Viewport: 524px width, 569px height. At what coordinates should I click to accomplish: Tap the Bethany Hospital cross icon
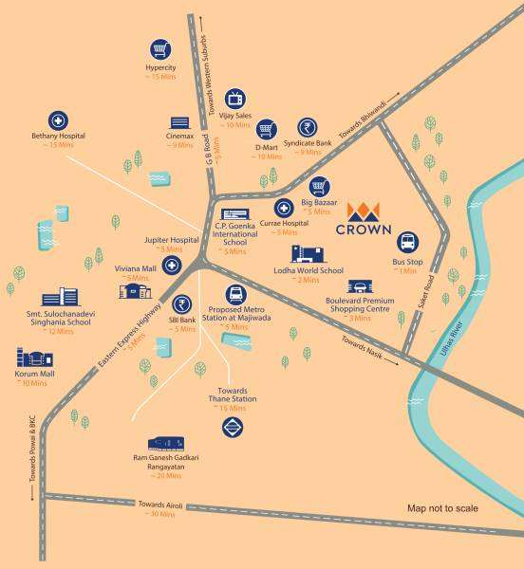59,120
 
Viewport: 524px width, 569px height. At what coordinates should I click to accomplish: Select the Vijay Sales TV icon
234,98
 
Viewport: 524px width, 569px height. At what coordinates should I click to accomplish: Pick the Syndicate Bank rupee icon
308,127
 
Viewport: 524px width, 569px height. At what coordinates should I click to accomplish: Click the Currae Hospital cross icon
283,208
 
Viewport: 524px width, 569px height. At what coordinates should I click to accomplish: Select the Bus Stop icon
406,243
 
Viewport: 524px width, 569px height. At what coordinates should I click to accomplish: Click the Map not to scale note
442,509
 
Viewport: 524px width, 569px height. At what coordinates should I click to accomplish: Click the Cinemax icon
180,122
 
